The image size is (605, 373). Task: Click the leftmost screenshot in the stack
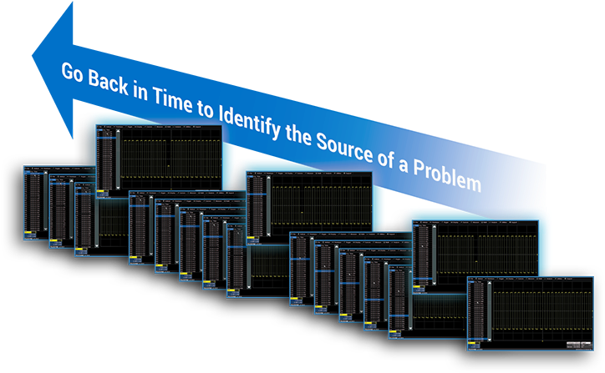point(37,204)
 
